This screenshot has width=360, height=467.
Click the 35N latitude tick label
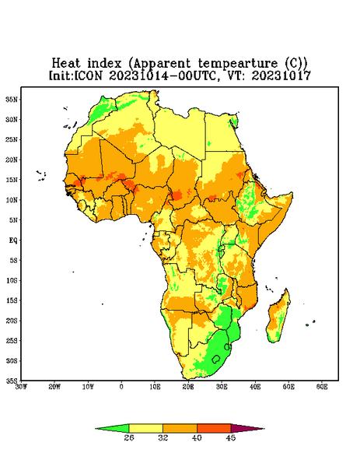tap(12, 100)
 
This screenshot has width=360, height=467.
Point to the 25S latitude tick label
tap(12, 340)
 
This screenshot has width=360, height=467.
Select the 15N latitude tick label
tap(12, 180)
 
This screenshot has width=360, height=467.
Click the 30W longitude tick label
tap(21, 387)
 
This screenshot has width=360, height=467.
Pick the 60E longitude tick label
tap(322, 387)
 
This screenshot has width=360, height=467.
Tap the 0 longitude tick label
tap(121, 387)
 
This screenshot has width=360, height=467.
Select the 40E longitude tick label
tap(255, 387)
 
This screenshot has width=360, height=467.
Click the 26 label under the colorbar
tap(129, 437)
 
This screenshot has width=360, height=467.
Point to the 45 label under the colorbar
tap(231, 437)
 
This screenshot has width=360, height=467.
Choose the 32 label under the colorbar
tap(163, 437)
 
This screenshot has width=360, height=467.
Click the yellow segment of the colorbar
tap(145, 428)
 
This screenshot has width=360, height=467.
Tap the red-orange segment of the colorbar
tap(214, 428)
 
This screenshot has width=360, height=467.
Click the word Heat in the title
tap(66, 64)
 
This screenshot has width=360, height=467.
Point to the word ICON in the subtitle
tap(87, 75)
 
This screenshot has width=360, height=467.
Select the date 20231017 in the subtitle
tap(281, 75)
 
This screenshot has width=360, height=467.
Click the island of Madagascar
tap(279, 318)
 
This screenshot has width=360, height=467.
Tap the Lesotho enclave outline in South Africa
tap(216, 359)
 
